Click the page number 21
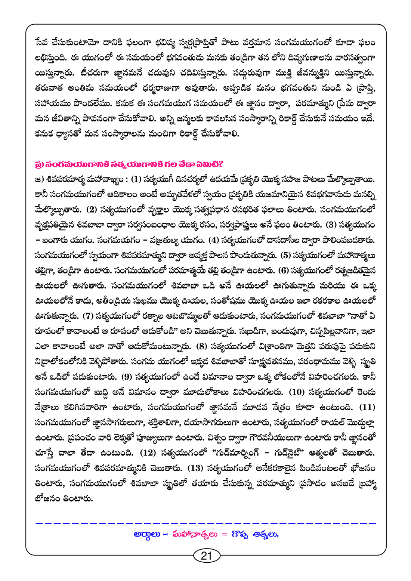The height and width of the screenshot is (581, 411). click(x=206, y=556)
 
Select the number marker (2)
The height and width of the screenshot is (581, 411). click(x=92, y=210)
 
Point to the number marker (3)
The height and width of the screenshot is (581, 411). click(x=331, y=225)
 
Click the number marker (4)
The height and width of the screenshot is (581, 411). click(x=214, y=240)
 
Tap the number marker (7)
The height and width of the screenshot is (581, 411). click(x=87, y=316)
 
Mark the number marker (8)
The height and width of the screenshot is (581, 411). click(x=201, y=346)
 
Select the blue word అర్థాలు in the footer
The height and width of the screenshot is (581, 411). click(x=147, y=534)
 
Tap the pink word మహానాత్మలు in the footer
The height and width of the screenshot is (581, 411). click(x=194, y=534)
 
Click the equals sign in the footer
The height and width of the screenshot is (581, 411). click(x=225, y=534)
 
